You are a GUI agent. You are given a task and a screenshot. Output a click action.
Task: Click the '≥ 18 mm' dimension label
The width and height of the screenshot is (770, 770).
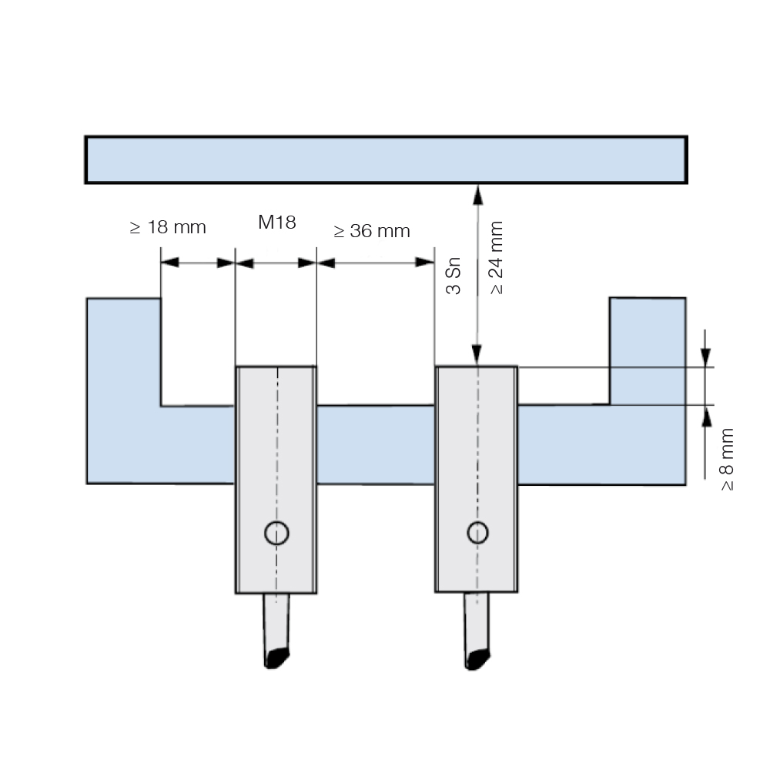[168, 227]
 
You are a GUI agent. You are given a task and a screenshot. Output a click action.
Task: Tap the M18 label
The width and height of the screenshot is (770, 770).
[277, 223]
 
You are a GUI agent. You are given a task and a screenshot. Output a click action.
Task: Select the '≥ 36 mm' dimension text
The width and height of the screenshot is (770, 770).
[372, 231]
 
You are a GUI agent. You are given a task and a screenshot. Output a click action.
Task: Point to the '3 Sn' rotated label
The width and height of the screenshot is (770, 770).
[454, 276]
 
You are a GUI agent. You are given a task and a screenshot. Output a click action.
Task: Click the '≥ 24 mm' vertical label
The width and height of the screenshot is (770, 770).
[497, 258]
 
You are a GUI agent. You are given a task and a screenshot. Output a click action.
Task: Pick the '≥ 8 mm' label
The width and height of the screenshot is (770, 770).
[726, 460]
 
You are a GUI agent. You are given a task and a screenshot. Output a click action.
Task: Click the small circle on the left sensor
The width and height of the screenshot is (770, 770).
[276, 533]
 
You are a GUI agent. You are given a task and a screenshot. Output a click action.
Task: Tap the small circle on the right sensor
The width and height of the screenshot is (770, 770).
[477, 533]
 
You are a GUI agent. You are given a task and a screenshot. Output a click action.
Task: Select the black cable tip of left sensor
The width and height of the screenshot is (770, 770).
[276, 658]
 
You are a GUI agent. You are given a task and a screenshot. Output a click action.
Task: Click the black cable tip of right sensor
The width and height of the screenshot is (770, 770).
[477, 660]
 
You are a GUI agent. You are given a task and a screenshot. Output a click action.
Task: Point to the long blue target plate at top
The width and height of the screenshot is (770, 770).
[386, 160]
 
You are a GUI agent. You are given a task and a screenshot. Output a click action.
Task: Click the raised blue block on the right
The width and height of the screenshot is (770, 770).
[648, 350]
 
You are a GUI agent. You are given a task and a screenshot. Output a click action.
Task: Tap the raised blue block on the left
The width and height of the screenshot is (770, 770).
[124, 352]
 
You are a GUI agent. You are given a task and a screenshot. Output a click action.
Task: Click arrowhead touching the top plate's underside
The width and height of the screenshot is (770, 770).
[477, 195]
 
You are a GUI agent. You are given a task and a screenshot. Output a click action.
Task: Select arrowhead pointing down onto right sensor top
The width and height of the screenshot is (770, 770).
[477, 355]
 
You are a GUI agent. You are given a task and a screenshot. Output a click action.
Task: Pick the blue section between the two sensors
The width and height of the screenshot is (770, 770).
[376, 445]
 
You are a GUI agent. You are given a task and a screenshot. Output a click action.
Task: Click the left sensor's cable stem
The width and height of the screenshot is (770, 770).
[276, 621]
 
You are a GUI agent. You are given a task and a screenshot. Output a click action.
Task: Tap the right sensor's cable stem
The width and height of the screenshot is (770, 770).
[477, 622]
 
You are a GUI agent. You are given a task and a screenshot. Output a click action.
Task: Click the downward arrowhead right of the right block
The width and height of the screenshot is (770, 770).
[705, 357]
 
